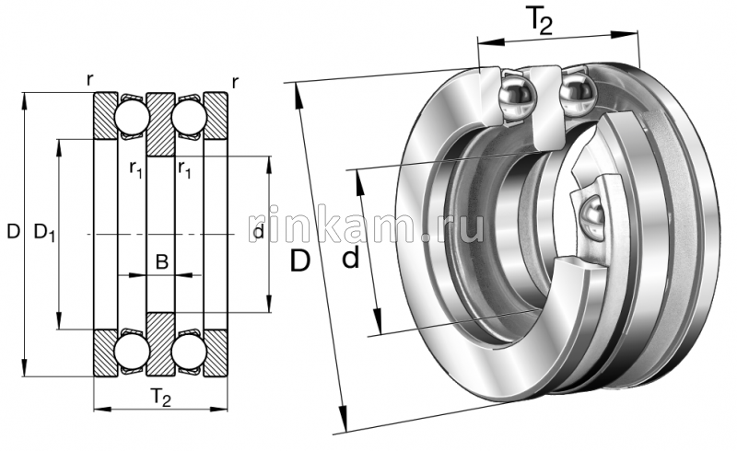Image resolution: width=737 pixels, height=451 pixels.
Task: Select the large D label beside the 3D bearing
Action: [299, 261]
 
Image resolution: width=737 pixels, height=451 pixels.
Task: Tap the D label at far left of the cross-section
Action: [12, 233]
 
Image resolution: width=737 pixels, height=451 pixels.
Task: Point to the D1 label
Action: [44, 234]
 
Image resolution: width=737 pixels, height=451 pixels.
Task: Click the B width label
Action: [161, 262]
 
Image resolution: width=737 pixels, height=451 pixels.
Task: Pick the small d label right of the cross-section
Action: [258, 233]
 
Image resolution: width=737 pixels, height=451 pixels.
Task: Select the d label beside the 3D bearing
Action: [350, 260]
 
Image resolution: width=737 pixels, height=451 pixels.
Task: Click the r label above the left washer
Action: [89, 80]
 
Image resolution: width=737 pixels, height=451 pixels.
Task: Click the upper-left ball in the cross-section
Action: [131, 117]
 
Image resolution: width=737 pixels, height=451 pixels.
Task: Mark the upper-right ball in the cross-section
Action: [190, 117]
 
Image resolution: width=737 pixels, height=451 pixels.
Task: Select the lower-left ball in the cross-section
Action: [131, 350]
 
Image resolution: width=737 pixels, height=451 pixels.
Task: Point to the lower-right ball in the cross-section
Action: [190, 350]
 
